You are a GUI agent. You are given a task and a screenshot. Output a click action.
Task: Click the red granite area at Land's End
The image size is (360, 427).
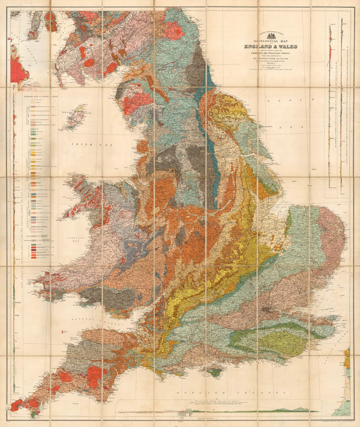pyautogui.click(x=17, y=405)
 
